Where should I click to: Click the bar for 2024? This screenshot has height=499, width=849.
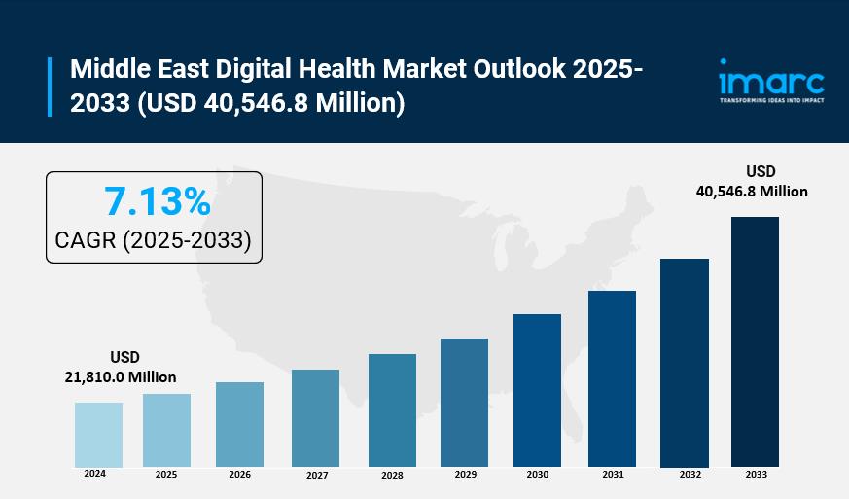(98, 435)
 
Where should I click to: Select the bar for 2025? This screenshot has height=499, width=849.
(166, 430)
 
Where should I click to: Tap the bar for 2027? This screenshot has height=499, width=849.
(315, 418)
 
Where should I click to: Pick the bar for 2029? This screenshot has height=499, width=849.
(464, 403)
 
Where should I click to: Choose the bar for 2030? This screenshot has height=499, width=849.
(537, 390)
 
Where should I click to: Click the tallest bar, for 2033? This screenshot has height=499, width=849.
(755, 341)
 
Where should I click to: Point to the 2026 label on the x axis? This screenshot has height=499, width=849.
(239, 475)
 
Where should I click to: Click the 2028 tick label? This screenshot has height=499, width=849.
(392, 475)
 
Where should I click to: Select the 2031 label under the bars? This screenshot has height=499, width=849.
(613, 475)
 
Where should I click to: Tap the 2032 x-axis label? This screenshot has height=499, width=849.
(689, 475)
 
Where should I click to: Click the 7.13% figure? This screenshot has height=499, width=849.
(157, 201)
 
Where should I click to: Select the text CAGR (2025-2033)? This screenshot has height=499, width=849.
(155, 240)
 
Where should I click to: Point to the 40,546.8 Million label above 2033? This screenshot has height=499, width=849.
(752, 192)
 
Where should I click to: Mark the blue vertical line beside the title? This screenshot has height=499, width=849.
(50, 87)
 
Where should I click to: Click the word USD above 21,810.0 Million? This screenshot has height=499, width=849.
(124, 357)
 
